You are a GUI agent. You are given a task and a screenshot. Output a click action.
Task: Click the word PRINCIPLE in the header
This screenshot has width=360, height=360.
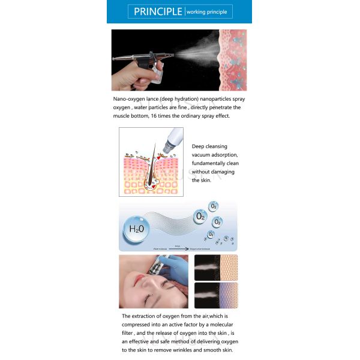(158, 11)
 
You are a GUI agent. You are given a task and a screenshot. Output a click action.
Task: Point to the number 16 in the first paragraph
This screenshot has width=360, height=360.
(155, 116)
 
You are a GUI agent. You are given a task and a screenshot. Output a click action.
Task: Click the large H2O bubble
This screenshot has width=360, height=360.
(134, 229)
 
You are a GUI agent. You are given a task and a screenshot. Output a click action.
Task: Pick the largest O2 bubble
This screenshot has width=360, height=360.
(199, 215)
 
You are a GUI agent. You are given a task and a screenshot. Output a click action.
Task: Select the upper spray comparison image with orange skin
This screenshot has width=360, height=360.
(216, 268)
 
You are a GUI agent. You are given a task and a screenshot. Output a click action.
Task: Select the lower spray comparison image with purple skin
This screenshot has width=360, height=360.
(216, 295)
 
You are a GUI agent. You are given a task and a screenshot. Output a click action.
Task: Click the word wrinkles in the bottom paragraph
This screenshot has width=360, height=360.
(185, 350)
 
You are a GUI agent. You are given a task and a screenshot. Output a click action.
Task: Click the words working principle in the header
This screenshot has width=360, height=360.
(208, 12)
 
